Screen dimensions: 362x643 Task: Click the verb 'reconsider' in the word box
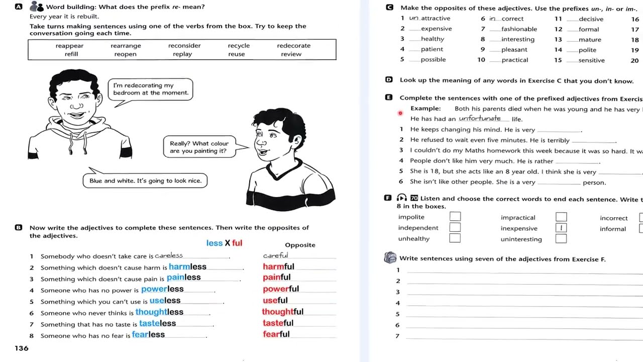pyautogui.click(x=184, y=46)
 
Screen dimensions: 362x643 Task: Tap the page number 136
pyautogui.click(x=22, y=348)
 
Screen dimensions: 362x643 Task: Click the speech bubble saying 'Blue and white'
pyautogui.click(x=145, y=181)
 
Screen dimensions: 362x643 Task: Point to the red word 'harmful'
pyautogui.click(x=278, y=266)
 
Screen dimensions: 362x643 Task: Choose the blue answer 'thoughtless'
pyautogui.click(x=159, y=312)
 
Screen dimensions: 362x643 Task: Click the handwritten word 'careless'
pyautogui.click(x=169, y=256)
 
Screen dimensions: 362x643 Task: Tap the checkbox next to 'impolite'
pyautogui.click(x=455, y=217)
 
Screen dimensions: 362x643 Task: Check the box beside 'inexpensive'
pyautogui.click(x=561, y=228)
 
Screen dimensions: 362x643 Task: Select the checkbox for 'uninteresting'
pyautogui.click(x=561, y=239)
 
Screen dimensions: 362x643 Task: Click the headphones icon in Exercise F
pyautogui.click(x=402, y=198)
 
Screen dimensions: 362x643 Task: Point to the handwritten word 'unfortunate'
pyautogui.click(x=480, y=119)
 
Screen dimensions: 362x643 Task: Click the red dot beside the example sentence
pyautogui.click(x=400, y=113)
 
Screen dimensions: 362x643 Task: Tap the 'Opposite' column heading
pyautogui.click(x=300, y=245)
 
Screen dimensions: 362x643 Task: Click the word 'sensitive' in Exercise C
pyautogui.click(x=591, y=60)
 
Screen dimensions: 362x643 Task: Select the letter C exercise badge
pyautogui.click(x=389, y=8)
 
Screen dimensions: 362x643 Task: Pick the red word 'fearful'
pyautogui.click(x=276, y=334)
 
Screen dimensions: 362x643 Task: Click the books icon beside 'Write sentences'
pyautogui.click(x=390, y=258)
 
